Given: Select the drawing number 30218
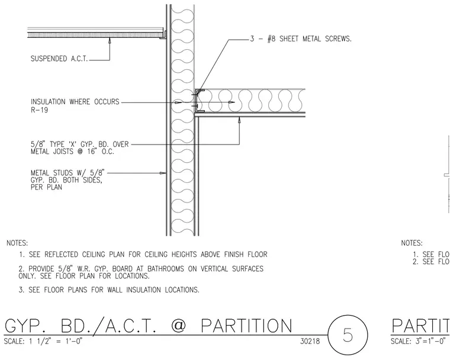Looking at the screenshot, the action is click(310, 341).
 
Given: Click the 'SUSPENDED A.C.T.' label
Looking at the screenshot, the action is click(59, 59).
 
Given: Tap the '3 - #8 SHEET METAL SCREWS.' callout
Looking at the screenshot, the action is click(301, 38).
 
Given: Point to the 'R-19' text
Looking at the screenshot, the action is click(39, 110).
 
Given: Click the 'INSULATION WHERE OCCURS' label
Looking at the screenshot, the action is click(75, 102).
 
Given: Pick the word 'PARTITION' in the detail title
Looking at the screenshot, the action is click(246, 326).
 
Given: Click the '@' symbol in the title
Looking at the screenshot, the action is click(178, 326).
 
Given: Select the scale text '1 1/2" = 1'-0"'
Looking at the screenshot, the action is click(56, 341).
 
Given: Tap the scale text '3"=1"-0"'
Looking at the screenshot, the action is click(431, 341).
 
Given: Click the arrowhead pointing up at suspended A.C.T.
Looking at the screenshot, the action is click(110, 41).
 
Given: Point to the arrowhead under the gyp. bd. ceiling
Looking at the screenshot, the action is click(239, 120).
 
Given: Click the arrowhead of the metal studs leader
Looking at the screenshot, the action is click(163, 173).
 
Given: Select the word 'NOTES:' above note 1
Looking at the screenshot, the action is click(17, 243).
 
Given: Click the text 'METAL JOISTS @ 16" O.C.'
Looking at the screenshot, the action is click(72, 152).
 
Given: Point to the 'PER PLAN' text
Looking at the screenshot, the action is click(46, 187).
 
